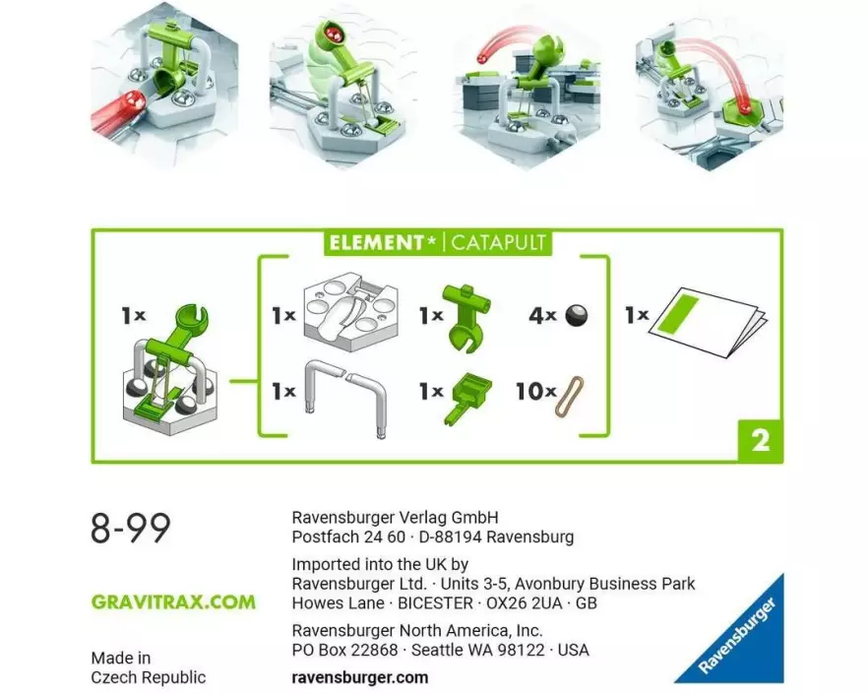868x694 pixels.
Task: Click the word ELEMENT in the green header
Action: (376, 242)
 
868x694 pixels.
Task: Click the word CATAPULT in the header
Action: (498, 242)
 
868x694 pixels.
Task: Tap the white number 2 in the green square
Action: (761, 440)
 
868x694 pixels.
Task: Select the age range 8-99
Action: (131, 529)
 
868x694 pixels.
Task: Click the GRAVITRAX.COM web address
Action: (173, 602)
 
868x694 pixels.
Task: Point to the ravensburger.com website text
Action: (360, 677)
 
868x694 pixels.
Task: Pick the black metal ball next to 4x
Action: (577, 316)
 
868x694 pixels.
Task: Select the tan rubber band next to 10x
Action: (569, 397)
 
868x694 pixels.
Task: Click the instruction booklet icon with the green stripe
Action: (709, 321)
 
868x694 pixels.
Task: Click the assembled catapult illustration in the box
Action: (170, 371)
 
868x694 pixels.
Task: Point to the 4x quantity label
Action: (542, 316)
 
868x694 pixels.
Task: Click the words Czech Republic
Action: (149, 677)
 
